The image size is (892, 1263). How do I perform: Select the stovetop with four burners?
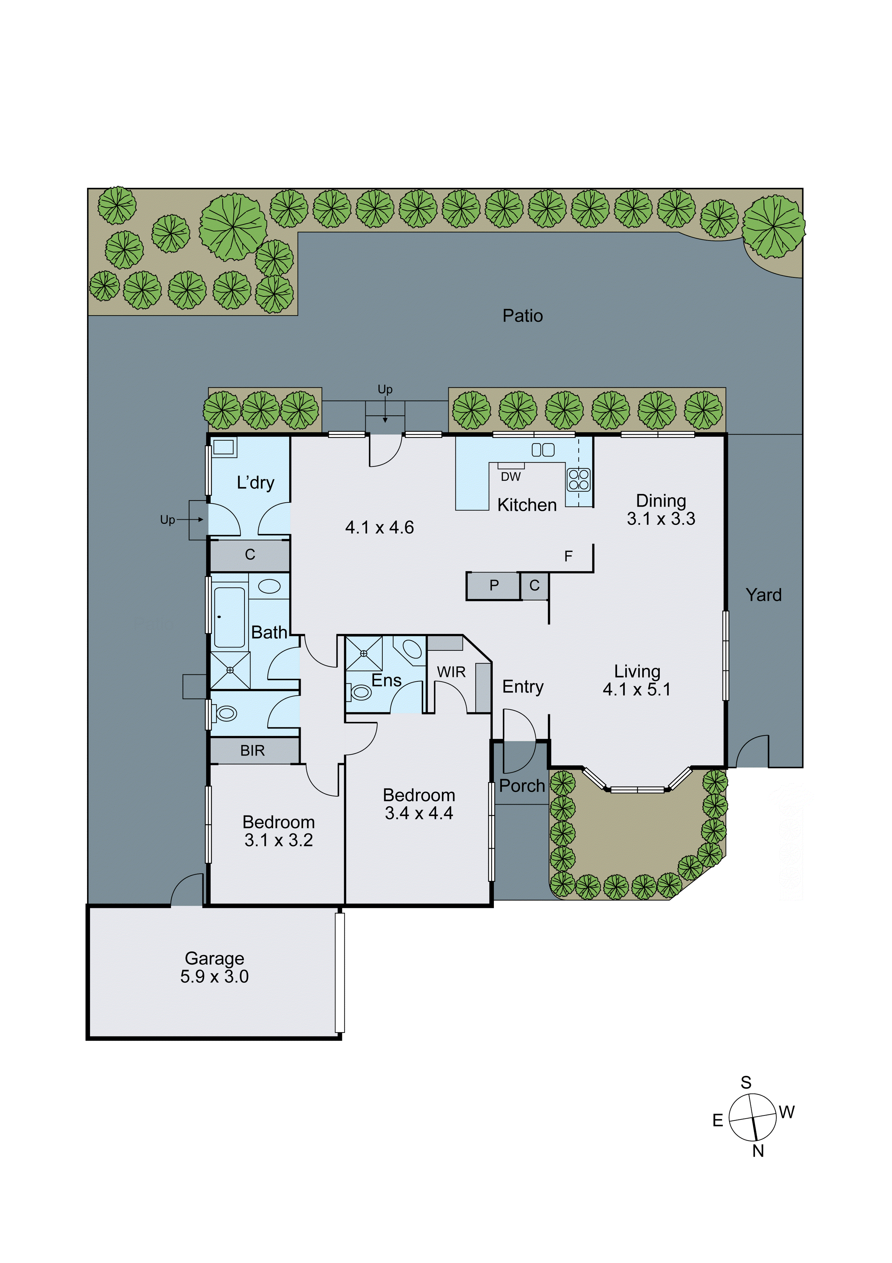click(578, 480)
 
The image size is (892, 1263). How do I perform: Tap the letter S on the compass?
click(746, 1083)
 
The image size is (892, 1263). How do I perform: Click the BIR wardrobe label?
click(252, 750)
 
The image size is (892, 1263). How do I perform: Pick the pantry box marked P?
click(494, 585)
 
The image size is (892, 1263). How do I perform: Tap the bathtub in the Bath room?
click(229, 617)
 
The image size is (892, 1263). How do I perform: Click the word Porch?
click(522, 786)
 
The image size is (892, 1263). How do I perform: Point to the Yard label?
click(763, 595)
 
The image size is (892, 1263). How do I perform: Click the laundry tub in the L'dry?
click(224, 447)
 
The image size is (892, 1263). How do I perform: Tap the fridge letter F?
click(568, 556)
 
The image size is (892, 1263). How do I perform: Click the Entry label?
click(523, 686)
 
